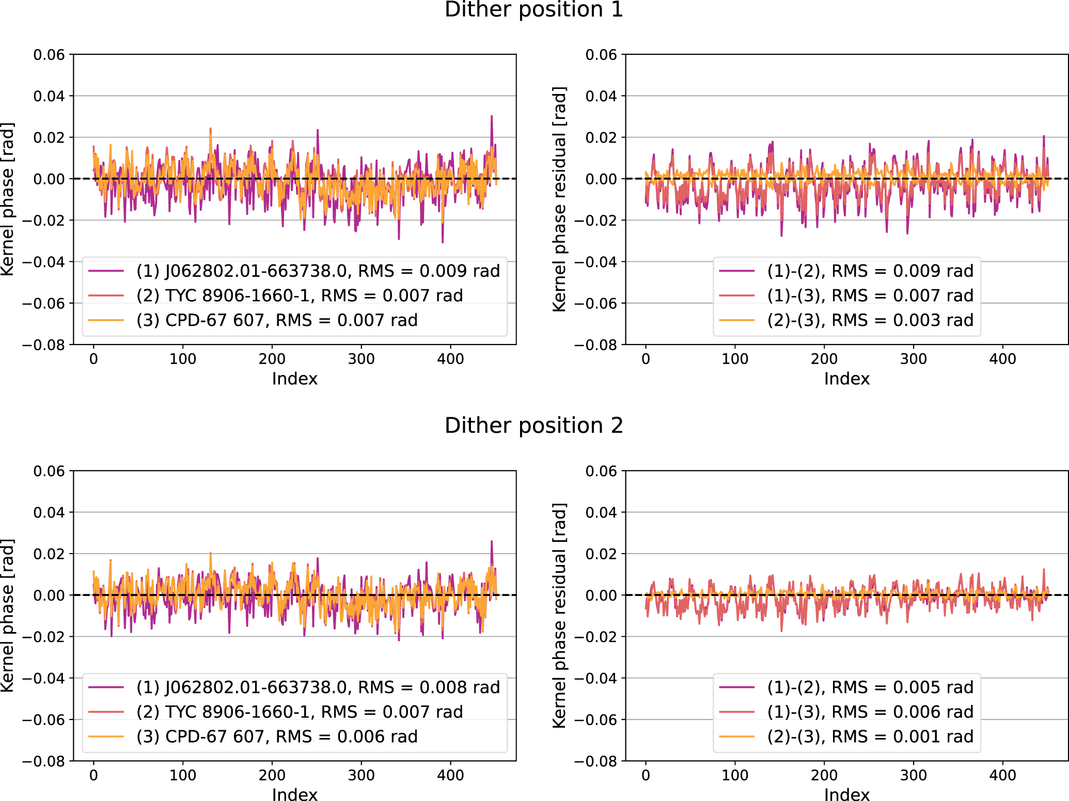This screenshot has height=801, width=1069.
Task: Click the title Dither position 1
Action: coord(534,10)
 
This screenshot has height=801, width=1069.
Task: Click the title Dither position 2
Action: coord(534,426)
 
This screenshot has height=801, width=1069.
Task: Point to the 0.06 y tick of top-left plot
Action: coord(49,55)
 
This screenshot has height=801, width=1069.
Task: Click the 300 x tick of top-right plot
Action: coord(913,359)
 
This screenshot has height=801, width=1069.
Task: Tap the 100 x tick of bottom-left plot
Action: coord(183,775)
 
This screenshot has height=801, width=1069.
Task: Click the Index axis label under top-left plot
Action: coord(294,379)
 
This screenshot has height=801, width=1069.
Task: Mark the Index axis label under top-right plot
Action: coord(846,379)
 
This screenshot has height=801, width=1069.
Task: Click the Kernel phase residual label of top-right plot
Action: coord(559,199)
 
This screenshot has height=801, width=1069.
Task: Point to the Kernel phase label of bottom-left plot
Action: coord(7,616)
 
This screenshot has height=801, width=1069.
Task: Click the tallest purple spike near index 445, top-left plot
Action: coord(492,117)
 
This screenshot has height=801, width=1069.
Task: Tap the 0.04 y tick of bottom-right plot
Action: coord(601,512)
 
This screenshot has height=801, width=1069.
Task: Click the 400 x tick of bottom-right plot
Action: coord(1002,775)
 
